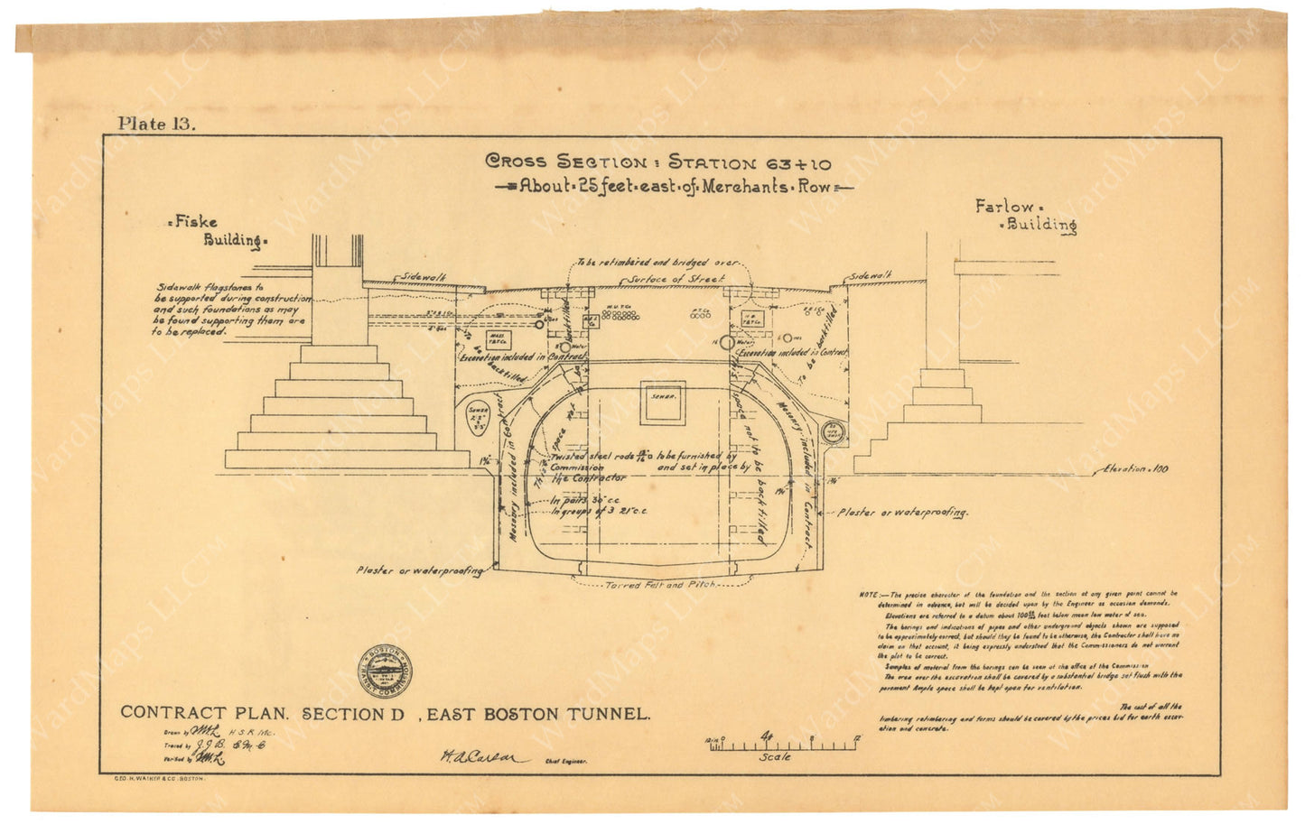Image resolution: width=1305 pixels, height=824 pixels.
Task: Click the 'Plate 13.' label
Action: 155,125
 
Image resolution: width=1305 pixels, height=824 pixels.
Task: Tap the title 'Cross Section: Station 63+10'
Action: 658,163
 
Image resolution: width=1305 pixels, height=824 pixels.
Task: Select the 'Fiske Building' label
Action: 218,230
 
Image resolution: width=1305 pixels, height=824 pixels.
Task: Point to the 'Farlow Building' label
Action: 1025,216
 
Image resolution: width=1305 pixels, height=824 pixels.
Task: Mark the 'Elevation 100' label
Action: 1134,469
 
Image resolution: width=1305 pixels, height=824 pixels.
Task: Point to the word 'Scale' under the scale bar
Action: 775,756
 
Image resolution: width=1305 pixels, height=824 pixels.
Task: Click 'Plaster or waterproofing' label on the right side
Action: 902,512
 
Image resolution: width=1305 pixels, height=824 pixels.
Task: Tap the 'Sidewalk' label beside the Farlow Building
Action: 868,275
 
